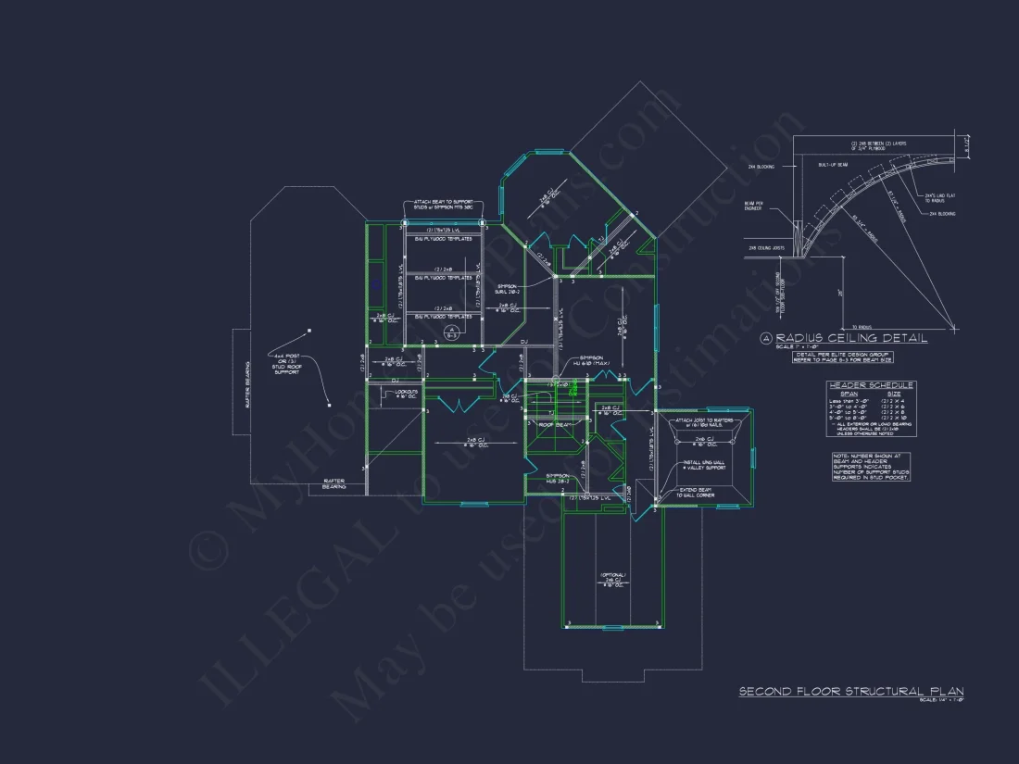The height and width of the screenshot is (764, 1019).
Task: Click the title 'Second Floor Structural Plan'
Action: [x=850, y=691]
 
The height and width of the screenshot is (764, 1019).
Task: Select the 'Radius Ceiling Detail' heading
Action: [x=850, y=339]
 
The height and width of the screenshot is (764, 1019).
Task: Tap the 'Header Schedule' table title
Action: [x=871, y=385]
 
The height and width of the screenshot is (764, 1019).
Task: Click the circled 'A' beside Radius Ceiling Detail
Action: [x=766, y=339]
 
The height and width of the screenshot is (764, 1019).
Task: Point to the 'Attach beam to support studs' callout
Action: [x=444, y=204]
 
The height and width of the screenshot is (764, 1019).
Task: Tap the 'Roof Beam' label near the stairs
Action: [x=554, y=424]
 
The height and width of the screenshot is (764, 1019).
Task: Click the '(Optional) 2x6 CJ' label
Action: [x=614, y=581]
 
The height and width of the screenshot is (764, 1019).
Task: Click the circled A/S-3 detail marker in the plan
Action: [x=451, y=332]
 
